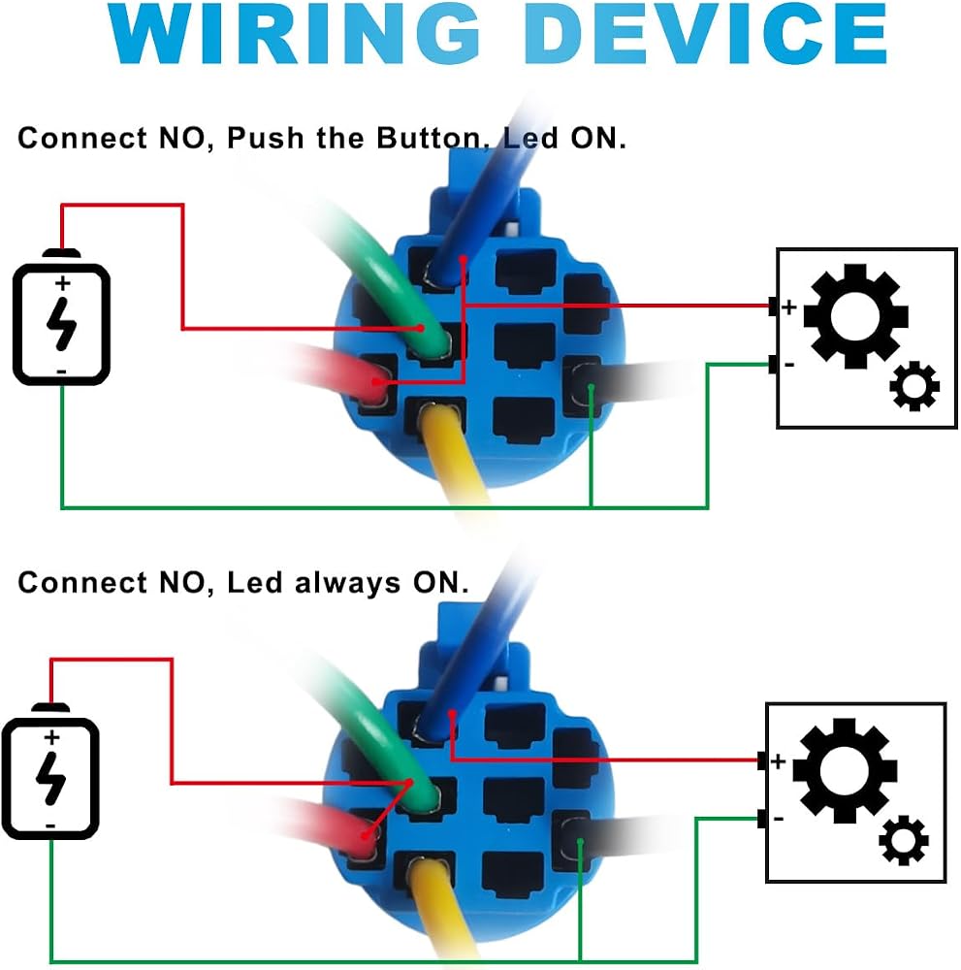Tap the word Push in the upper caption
pos(266,138)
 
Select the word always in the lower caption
pos(347,583)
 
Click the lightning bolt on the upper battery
pos(62,324)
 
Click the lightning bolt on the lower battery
pos(50,778)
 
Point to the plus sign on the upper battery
pos(62,283)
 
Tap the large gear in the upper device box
pos(856,316)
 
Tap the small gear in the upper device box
pos(914,387)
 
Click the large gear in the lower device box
pos(845,771)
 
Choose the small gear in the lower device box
pos(904,841)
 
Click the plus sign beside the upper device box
pos(788,307)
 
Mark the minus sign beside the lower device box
pos(779,819)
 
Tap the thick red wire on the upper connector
pos(334,372)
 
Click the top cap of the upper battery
pos(61,253)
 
